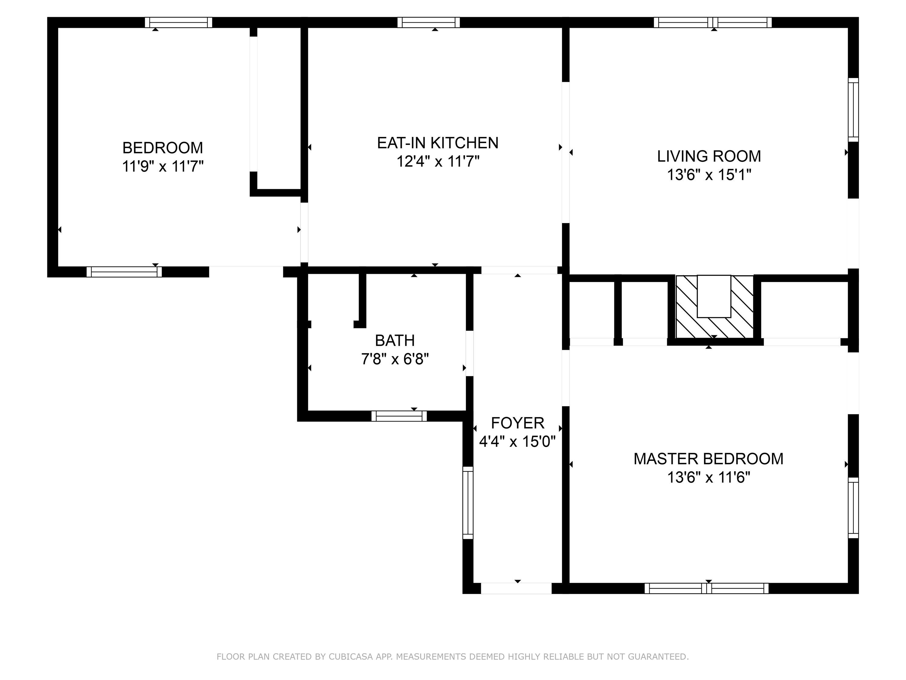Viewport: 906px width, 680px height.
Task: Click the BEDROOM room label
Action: (162, 147)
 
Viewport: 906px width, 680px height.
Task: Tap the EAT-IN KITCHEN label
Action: (437, 143)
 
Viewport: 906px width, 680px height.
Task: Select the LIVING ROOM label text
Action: (709, 156)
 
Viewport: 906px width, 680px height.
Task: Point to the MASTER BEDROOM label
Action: (708, 459)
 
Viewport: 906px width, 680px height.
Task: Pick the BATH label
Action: (395, 340)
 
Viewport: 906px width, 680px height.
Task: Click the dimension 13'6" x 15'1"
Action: (709, 175)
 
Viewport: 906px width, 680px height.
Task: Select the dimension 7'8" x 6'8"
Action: (395, 359)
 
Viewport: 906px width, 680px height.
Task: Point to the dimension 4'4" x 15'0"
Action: (517, 442)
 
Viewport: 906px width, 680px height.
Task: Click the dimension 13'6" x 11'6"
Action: (708, 478)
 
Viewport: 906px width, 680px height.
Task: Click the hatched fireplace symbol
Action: (714, 306)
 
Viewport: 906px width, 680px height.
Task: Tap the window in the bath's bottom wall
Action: (399, 416)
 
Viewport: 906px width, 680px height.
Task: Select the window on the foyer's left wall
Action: (468, 503)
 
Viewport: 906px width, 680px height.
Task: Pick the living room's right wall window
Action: (853, 110)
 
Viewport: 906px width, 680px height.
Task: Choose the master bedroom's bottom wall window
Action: (707, 588)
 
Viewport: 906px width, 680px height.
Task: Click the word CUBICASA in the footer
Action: (351, 657)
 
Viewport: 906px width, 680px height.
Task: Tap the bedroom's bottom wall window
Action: (124, 272)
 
